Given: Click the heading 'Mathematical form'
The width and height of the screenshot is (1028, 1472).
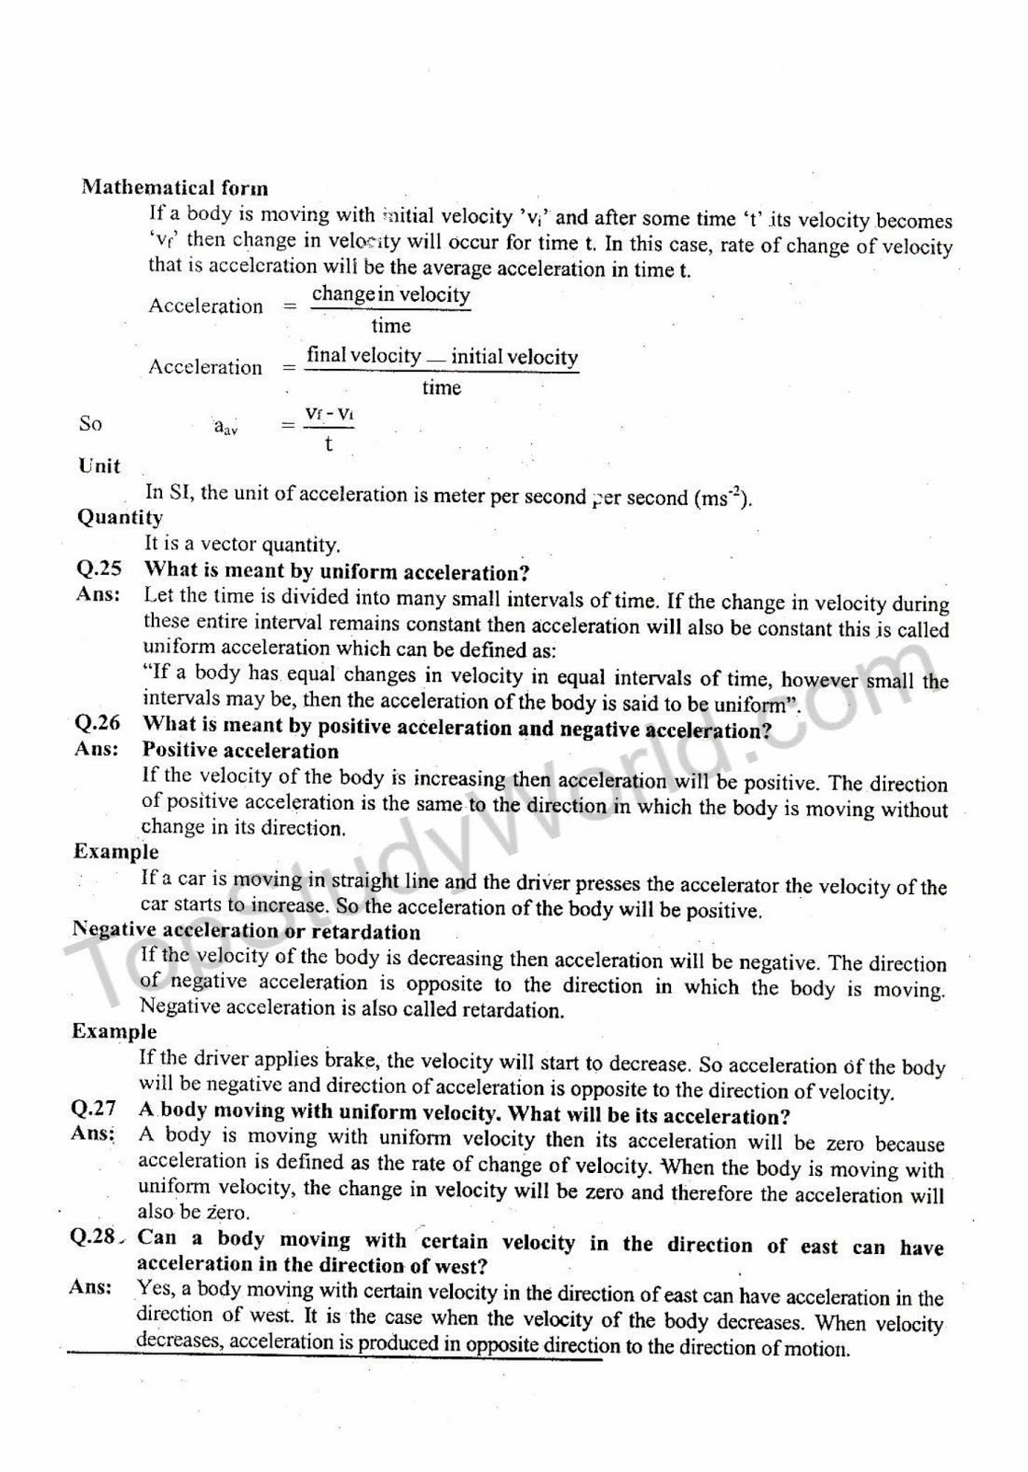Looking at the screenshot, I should coord(175,188).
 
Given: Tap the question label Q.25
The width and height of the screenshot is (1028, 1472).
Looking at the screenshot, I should coord(98,569).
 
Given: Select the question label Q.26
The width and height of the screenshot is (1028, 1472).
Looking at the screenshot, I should coord(97,723).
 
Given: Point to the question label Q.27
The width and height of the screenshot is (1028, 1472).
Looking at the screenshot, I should coord(93,1108).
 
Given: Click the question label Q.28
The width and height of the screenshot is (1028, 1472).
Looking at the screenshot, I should coord(93,1236).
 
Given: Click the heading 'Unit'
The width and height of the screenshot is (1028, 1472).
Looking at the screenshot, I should coord(99,466).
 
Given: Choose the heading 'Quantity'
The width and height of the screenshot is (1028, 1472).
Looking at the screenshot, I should coord(120,517).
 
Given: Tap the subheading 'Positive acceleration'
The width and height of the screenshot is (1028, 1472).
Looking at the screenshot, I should coord(240,751).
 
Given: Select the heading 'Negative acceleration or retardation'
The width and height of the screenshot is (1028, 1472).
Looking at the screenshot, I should coord(246,930).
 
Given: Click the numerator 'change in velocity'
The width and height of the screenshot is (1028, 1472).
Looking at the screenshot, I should coord(391,295).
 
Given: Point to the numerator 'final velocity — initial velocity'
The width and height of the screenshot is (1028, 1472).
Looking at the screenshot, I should coord(442,357).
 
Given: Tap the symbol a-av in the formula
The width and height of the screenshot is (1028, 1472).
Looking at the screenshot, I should coord(225,426).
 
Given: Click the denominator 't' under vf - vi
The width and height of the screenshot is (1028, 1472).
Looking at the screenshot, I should coord(329,445).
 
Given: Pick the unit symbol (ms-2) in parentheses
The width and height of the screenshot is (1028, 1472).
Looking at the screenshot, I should coord(722,498).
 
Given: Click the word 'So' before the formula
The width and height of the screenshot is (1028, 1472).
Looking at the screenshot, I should coord(90,424).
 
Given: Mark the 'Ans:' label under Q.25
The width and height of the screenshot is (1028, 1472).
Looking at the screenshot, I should coord(98,594).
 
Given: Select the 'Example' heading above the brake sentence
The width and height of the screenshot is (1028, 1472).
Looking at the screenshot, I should coord(114,1031).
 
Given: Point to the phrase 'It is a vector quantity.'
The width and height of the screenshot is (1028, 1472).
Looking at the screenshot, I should coord(242,544).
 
